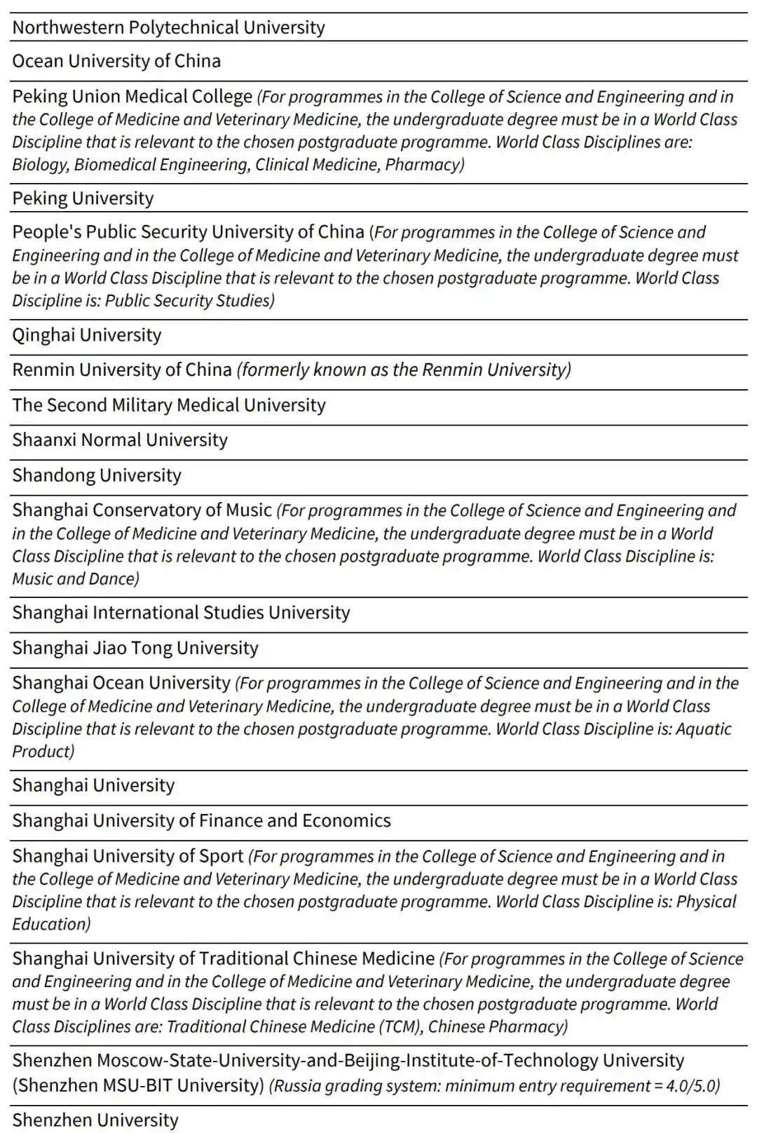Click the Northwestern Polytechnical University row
click(x=168, y=27)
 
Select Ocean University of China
click(x=116, y=61)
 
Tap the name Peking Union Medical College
click(x=132, y=96)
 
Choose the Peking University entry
click(x=83, y=198)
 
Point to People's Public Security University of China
click(x=188, y=232)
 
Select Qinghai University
click(x=87, y=335)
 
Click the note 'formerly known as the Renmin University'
click(x=404, y=369)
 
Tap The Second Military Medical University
click(x=169, y=405)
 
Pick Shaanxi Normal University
click(x=120, y=440)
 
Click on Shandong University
click(x=97, y=475)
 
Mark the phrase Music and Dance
click(x=75, y=579)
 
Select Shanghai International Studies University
click(x=181, y=613)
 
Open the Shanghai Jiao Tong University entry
click(x=135, y=648)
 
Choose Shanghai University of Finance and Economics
click(x=201, y=821)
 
